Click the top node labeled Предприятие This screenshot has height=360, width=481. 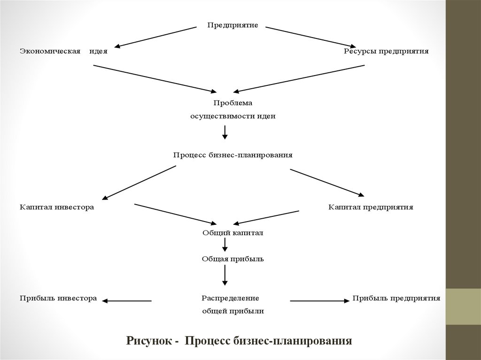[x=233, y=25]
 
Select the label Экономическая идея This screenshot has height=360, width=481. [x=63, y=51]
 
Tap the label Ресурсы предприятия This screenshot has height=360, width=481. [x=386, y=51]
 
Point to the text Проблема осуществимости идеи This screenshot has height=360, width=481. [x=233, y=109]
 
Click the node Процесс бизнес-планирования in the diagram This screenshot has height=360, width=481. [x=233, y=155]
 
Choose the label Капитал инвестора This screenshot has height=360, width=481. [x=57, y=207]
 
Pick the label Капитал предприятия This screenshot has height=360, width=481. [x=371, y=207]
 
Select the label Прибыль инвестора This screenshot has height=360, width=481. [x=58, y=298]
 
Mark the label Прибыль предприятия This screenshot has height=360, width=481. [x=396, y=298]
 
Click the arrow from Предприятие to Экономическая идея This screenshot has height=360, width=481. [x=155, y=37]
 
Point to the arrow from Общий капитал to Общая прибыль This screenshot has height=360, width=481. [x=225, y=244]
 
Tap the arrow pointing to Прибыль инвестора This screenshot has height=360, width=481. [x=127, y=301]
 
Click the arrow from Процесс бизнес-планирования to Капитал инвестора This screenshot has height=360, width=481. [x=139, y=182]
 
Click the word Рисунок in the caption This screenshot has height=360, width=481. [x=149, y=340]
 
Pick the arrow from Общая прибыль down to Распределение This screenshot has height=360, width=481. [x=225, y=276]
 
